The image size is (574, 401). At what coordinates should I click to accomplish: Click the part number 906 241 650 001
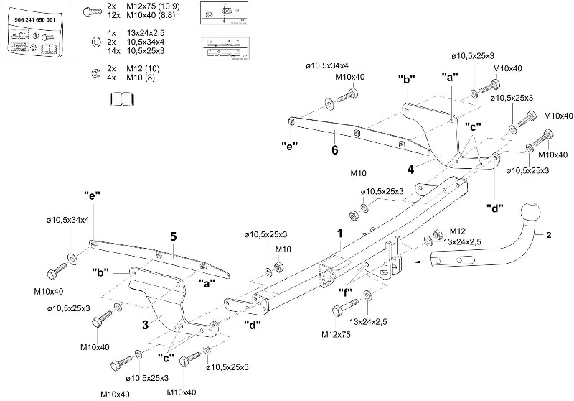point(35,21)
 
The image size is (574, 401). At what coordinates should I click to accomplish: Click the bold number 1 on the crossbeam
point(340,233)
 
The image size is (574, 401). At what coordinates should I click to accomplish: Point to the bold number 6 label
point(334,150)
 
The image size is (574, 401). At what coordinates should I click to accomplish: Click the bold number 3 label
point(145,324)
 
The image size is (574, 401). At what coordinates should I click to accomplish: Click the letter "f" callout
point(346,291)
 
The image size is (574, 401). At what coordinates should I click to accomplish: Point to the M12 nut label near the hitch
point(458,230)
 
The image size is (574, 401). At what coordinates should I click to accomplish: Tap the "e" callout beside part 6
point(290,145)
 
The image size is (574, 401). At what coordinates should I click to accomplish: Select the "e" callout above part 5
point(91,194)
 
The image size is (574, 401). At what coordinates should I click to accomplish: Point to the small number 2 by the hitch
point(549,234)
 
